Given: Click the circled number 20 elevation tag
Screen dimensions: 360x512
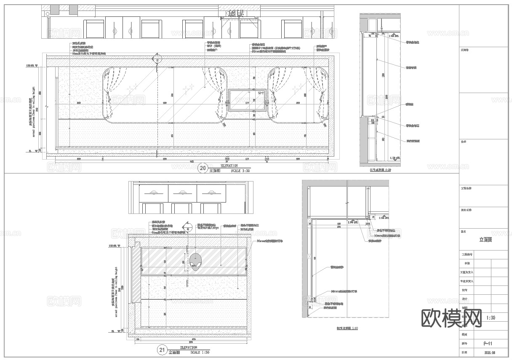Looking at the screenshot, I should pyautogui.click(x=203, y=169).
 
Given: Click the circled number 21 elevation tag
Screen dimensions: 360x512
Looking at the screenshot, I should pyautogui.click(x=162, y=350).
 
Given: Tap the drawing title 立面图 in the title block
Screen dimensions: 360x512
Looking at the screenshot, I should pyautogui.click(x=485, y=240).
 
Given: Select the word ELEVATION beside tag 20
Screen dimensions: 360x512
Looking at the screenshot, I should pyautogui.click(x=229, y=166).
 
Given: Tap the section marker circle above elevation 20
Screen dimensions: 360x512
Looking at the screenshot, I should pyautogui.click(x=158, y=59).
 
